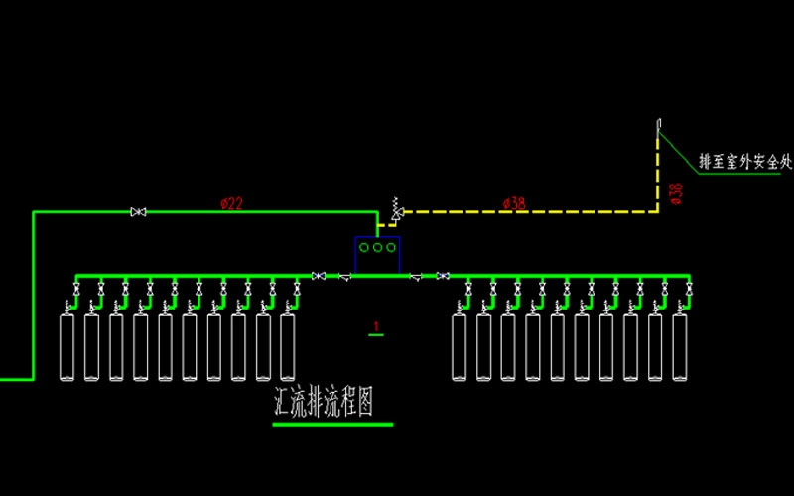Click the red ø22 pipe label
pos(231,203)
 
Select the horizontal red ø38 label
pos(514,203)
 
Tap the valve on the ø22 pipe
pos(139,211)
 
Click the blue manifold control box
pos(377,255)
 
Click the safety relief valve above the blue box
pos(397,209)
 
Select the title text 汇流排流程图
pos(328,401)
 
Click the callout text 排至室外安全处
pos(745,161)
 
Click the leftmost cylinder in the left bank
pos(68,346)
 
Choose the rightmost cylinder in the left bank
pos(288,346)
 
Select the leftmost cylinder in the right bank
pos(459,346)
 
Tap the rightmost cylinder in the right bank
pos(679,346)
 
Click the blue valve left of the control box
pos(319,275)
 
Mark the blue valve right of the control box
pos(443,275)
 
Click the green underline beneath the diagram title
pos(332,424)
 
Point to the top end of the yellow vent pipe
pos(657,123)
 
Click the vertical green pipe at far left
pos(34,298)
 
